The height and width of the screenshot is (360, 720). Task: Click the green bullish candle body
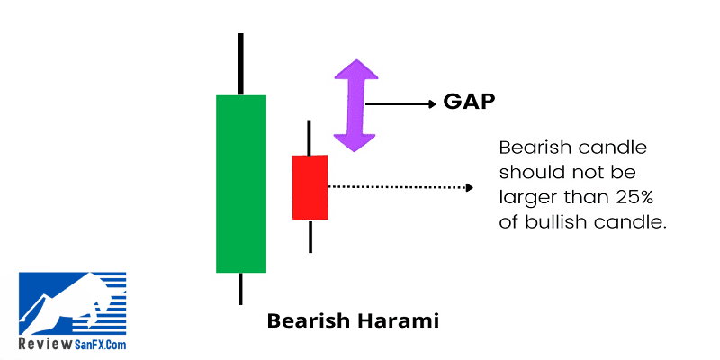(x=241, y=184)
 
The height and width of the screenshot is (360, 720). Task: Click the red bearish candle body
(x=310, y=187)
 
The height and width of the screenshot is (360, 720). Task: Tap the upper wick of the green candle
(x=241, y=64)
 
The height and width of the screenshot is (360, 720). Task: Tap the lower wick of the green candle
(x=240, y=289)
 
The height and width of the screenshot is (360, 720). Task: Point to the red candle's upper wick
(x=309, y=138)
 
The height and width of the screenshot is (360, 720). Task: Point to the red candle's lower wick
(x=310, y=237)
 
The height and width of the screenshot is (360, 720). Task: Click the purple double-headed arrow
(x=355, y=105)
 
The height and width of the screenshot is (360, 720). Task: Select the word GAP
(x=469, y=102)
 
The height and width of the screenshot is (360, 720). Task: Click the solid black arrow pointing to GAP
(x=400, y=104)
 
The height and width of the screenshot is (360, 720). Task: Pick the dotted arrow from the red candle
(x=400, y=187)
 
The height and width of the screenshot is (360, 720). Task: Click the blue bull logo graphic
(x=73, y=303)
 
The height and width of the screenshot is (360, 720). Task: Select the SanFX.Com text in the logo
(x=100, y=345)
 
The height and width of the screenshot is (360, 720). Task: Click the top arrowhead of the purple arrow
(x=356, y=69)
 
